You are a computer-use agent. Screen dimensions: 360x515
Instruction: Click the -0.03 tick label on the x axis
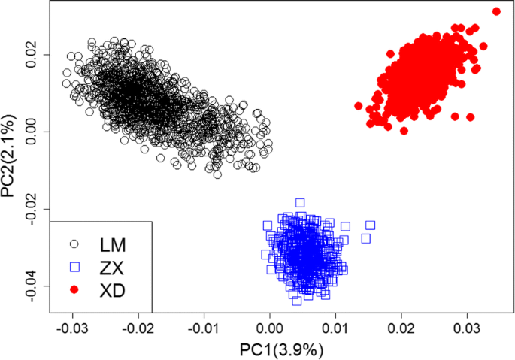[x=73, y=329]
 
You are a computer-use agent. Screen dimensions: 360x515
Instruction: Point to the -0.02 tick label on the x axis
[x=138, y=329]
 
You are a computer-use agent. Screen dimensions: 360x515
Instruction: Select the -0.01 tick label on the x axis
[x=204, y=329]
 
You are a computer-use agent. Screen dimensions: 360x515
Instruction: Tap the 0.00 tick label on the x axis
[x=269, y=329]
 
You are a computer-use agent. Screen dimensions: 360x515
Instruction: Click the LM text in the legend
[x=114, y=244]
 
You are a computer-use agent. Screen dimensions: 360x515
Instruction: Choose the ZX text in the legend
[x=113, y=267]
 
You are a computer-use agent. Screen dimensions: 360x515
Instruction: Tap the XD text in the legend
[x=113, y=289]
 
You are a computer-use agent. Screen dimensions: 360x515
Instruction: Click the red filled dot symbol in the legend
[x=74, y=289]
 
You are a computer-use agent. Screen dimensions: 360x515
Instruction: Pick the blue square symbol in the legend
[x=74, y=267]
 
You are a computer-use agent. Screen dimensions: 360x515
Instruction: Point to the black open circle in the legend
[x=74, y=244]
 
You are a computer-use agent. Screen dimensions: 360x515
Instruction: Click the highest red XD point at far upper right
[x=495, y=11]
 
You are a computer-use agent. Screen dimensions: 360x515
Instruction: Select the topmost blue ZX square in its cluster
[x=300, y=203]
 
